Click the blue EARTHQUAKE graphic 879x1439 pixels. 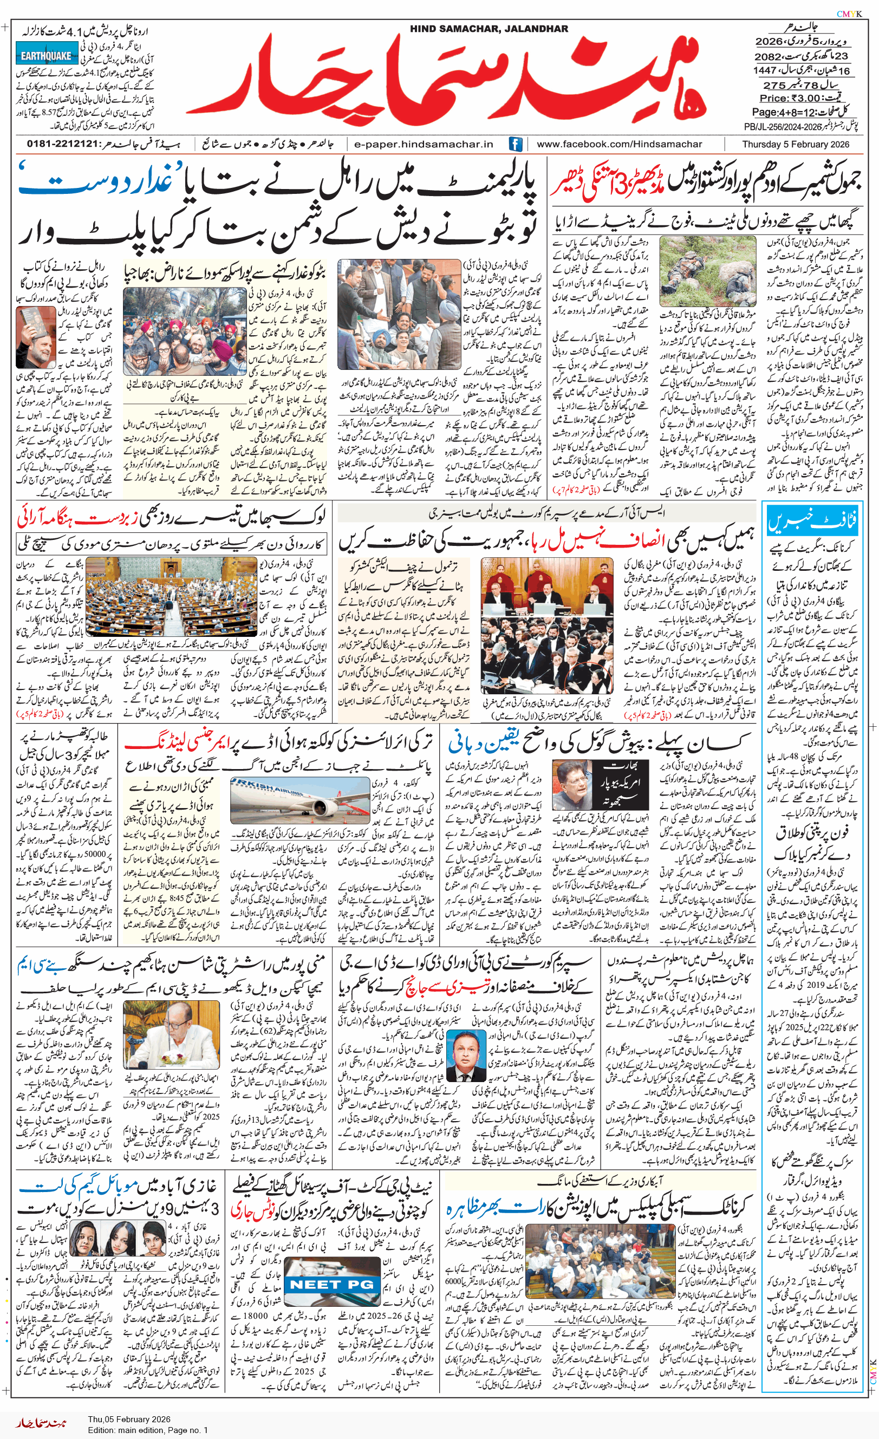click(46, 56)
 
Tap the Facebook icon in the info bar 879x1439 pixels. click(515, 144)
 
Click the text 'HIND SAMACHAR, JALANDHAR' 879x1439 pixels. click(489, 29)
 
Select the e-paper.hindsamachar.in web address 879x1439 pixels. click(424, 144)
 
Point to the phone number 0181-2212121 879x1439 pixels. click(62, 144)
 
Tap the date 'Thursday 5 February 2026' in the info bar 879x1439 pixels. click(796, 144)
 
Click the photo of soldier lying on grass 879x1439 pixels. click(707, 271)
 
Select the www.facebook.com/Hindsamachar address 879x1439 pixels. click(619, 144)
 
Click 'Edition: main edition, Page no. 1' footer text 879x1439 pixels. click(148, 1430)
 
